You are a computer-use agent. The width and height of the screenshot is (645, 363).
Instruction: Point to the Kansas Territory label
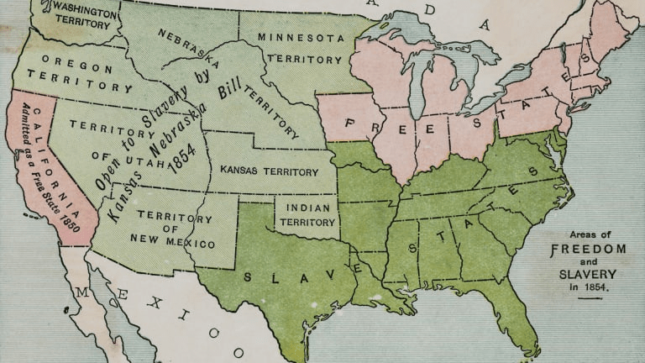269,171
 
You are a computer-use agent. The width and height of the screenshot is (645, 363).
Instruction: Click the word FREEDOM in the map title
588,249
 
